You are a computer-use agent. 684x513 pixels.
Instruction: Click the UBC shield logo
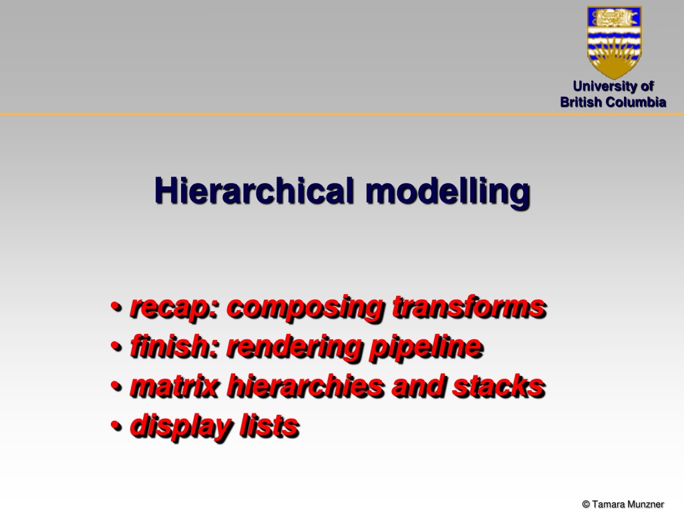pyautogui.click(x=615, y=41)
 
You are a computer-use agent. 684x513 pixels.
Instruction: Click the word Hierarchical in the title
pyautogui.click(x=254, y=191)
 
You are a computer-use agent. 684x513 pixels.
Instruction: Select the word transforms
pyautogui.click(x=470, y=307)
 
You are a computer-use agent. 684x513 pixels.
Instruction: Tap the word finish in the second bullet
pyautogui.click(x=174, y=346)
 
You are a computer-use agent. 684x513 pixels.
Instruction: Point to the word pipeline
pyautogui.click(x=426, y=347)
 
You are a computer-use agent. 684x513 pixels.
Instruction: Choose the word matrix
pyautogui.click(x=174, y=386)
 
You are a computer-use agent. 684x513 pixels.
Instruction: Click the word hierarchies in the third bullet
pyautogui.click(x=305, y=385)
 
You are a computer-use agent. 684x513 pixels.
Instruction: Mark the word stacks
pyautogui.click(x=498, y=385)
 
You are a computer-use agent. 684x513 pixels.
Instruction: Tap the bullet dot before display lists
pyautogui.click(x=116, y=425)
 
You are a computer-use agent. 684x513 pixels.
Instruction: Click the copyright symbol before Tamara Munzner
pyautogui.click(x=586, y=504)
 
